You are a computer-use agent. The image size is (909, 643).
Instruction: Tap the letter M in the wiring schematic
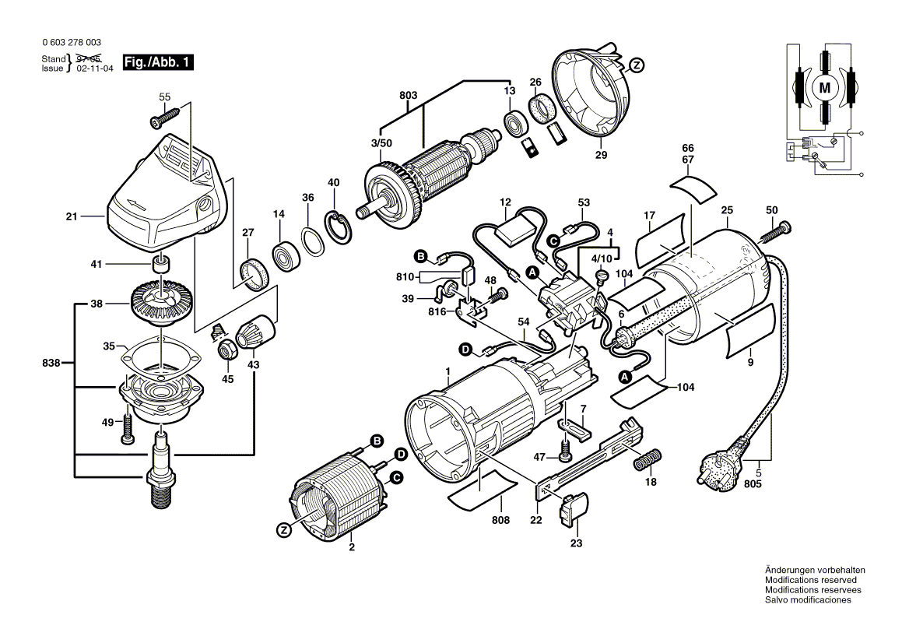824,88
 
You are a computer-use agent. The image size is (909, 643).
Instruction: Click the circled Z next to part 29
637,65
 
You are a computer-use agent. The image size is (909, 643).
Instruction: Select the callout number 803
409,96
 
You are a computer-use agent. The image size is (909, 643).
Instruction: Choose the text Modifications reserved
810,580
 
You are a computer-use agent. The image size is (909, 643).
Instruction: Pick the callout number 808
500,519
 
